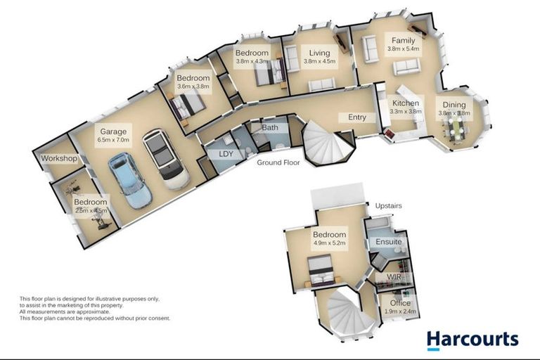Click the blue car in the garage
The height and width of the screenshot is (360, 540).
tap(130, 181)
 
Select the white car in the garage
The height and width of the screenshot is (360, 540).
tap(166, 159)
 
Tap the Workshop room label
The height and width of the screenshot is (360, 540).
tap(59, 158)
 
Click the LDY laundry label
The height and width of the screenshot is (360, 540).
tap(226, 154)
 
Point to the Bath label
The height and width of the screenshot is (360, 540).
tap(270, 128)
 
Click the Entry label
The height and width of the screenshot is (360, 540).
tap(357, 117)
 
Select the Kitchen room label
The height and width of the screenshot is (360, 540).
tap(406, 103)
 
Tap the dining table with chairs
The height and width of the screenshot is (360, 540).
tap(457, 129)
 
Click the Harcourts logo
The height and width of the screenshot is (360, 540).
tap(472, 340)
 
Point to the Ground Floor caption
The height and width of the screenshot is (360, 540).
tap(278, 162)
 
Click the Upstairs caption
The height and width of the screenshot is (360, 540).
tap(388, 206)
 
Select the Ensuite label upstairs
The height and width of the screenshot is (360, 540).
tap(388, 242)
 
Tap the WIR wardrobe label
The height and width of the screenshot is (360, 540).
tap(394, 277)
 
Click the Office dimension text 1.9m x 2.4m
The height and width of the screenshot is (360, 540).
tap(400, 311)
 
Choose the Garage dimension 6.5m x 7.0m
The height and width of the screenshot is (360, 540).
tap(113, 140)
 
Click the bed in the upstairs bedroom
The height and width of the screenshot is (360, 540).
tap(321, 271)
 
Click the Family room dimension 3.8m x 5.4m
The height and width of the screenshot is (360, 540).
tap(404, 49)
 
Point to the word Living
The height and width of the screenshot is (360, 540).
tap(319, 53)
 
